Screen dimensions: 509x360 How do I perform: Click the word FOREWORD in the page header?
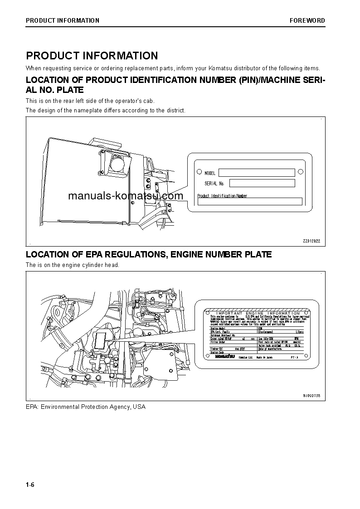[307, 20]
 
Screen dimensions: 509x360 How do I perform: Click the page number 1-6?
[30, 485]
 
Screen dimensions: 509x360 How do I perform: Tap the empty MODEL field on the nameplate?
[256, 173]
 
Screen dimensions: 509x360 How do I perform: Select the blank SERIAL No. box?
[262, 183]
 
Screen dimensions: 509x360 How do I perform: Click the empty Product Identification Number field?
[249, 202]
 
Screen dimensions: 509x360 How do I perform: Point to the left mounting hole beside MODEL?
[199, 172]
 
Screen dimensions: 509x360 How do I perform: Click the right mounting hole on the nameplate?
[300, 172]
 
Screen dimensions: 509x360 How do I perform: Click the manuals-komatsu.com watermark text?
[126, 196]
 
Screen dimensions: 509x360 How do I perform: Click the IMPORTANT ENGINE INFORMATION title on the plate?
[258, 313]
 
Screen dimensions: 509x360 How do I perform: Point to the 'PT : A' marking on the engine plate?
[295, 357]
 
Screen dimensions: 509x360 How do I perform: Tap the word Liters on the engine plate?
[299, 332]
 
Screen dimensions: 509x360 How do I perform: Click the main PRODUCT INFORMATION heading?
[92, 56]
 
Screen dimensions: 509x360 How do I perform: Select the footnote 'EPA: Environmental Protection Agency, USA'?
[86, 407]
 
